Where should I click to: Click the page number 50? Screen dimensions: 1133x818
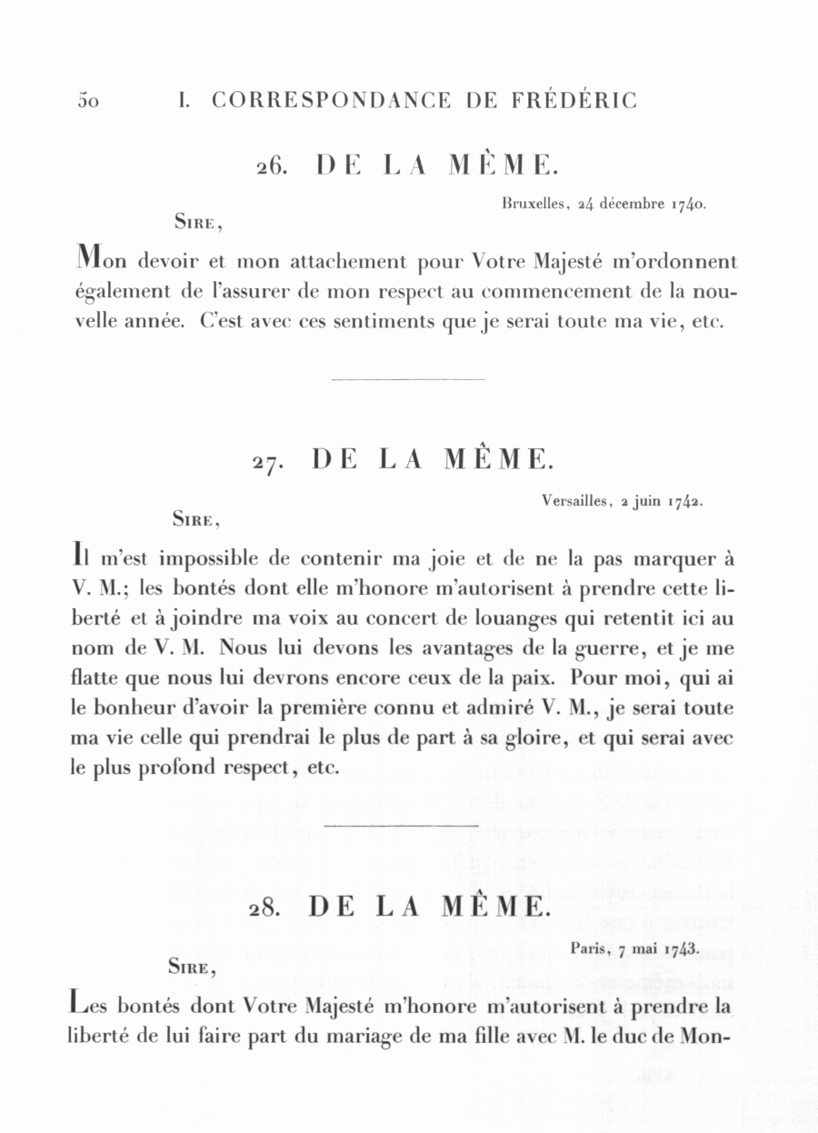88,101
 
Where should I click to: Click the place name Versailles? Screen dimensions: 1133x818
574,500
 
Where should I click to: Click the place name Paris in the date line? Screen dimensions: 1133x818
590,948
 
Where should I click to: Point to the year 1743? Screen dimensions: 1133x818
680,948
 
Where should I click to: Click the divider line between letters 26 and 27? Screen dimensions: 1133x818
409,378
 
